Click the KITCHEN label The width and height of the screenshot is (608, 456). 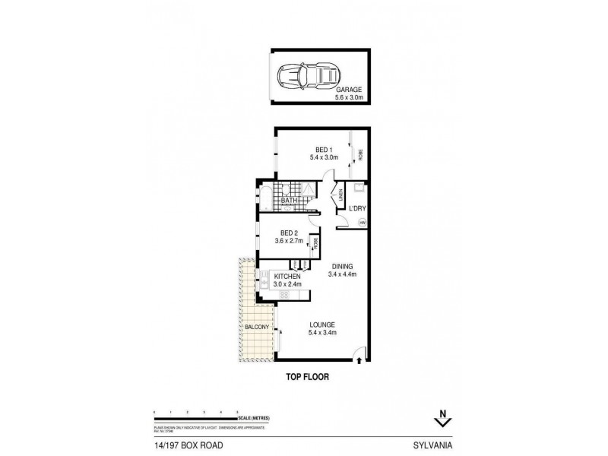287,277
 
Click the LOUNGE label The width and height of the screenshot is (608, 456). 323,325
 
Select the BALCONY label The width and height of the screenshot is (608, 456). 257,327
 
